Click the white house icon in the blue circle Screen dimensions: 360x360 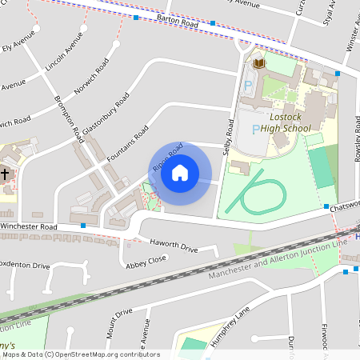180,173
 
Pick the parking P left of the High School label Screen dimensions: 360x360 255,129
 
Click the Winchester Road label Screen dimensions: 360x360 30,226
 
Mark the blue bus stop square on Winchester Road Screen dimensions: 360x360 83,226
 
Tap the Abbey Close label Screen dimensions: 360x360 146,259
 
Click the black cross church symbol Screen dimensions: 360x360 6,173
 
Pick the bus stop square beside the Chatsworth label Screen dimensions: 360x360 326,207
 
